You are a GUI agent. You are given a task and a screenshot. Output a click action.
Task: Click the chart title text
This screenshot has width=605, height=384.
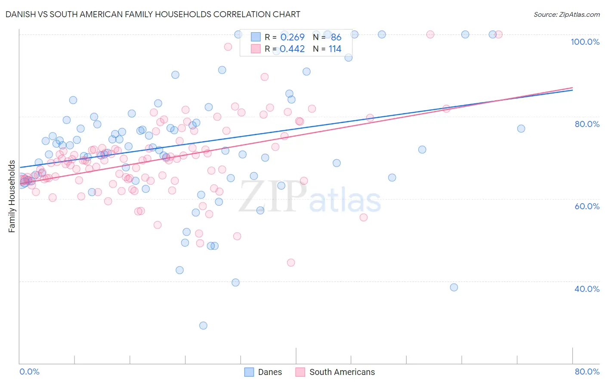coord(153,14)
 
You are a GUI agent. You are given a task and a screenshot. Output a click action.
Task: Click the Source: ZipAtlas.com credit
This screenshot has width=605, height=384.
coord(566,14)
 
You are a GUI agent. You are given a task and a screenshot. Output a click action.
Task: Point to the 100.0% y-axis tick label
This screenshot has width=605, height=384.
coord(585,42)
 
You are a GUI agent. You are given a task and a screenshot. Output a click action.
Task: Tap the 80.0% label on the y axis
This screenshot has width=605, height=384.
coord(587,124)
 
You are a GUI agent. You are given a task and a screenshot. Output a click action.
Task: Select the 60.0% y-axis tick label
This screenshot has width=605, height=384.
coord(587,206)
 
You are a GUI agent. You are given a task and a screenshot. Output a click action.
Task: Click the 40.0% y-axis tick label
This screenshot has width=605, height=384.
coord(587,289)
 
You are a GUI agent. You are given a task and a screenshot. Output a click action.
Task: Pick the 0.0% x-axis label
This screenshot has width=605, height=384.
coord(29,372)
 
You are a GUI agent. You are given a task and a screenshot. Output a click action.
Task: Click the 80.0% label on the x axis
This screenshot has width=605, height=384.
coord(587,372)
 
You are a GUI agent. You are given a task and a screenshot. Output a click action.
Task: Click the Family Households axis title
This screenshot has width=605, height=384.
coord(12,196)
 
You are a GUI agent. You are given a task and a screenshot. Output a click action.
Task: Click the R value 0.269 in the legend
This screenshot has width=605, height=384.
coord(292,37)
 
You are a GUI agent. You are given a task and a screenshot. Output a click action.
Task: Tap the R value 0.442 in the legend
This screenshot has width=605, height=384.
coord(292,49)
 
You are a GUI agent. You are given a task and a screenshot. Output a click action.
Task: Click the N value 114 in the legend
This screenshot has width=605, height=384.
coord(335,49)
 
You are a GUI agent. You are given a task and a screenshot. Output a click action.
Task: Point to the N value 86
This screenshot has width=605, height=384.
coord(336,37)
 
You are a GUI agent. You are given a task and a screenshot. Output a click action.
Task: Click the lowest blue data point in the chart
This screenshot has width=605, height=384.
coord(203,325)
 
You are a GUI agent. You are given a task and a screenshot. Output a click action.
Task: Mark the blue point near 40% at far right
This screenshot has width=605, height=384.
coord(454,287)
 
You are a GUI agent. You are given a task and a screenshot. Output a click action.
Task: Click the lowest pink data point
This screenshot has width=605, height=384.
coord(291,263)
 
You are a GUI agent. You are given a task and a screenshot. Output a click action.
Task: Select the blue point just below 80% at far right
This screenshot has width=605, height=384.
coord(521,129)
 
